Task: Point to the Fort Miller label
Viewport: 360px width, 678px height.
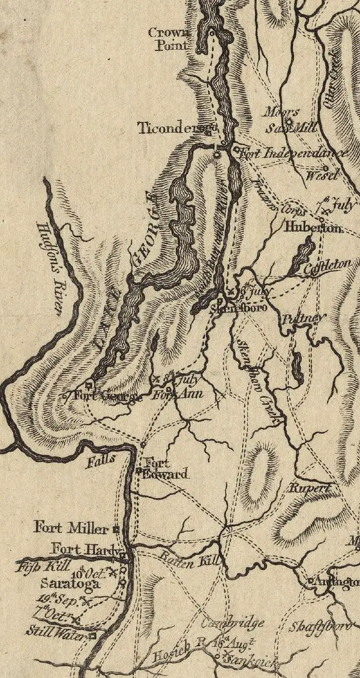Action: tap(71, 529)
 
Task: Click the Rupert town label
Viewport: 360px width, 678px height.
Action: tap(310, 488)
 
